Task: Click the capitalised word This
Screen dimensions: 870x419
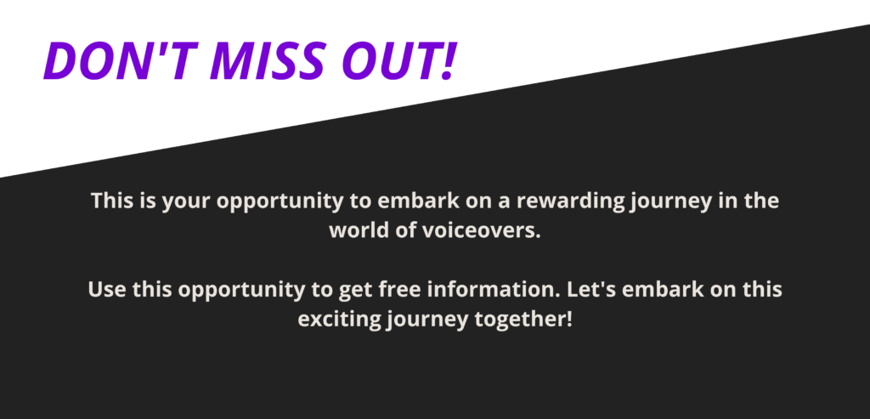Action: click(x=112, y=201)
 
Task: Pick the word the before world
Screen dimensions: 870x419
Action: click(x=761, y=201)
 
